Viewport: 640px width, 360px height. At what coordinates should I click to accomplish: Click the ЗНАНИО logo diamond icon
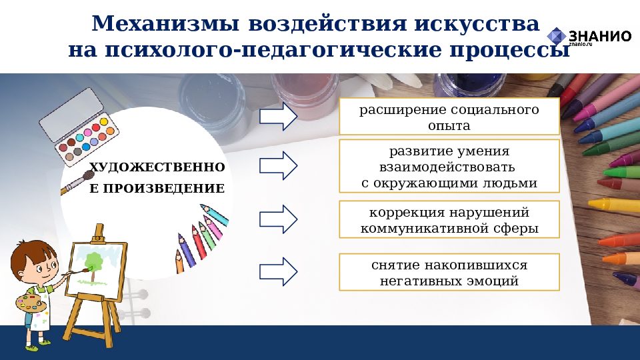pyautogui.click(x=556, y=37)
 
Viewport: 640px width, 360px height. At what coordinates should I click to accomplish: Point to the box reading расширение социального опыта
pyautogui.click(x=449, y=117)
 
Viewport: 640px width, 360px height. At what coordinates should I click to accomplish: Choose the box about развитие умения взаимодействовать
pyautogui.click(x=449, y=167)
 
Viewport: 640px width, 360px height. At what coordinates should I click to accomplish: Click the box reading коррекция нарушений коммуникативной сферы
pyautogui.click(x=449, y=220)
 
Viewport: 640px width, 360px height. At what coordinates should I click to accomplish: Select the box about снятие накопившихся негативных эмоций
pyautogui.click(x=449, y=272)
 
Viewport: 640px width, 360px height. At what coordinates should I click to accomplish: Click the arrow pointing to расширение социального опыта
pyautogui.click(x=278, y=117)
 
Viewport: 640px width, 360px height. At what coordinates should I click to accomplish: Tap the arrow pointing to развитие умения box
pyautogui.click(x=278, y=166)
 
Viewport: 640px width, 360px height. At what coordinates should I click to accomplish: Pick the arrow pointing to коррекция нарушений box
pyautogui.click(x=278, y=219)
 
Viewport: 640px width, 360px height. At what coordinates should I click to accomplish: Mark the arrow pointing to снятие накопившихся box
pyautogui.click(x=278, y=271)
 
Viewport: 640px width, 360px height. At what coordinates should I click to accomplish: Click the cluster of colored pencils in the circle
pyautogui.click(x=200, y=237)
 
